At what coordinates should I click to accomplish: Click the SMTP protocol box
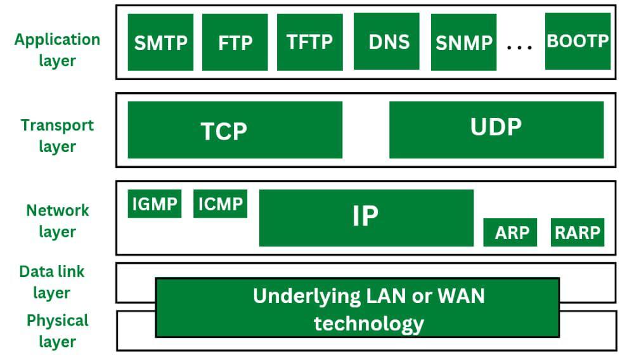click(160, 42)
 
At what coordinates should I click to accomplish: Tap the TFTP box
click(309, 42)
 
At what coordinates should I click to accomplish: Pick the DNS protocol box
click(386, 42)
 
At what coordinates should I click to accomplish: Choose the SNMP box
click(463, 42)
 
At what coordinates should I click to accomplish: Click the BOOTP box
click(578, 41)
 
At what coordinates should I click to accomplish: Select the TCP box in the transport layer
click(235, 130)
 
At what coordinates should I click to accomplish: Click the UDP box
click(496, 129)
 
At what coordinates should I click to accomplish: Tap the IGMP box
click(155, 203)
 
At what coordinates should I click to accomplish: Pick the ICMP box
click(220, 203)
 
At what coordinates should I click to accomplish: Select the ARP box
click(510, 232)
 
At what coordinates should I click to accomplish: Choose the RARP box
click(577, 232)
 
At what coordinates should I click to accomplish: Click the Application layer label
click(57, 50)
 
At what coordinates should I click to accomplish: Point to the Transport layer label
click(57, 136)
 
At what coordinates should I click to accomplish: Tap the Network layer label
click(57, 221)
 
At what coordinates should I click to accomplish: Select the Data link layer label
click(52, 282)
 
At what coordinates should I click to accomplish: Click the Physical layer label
click(57, 331)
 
